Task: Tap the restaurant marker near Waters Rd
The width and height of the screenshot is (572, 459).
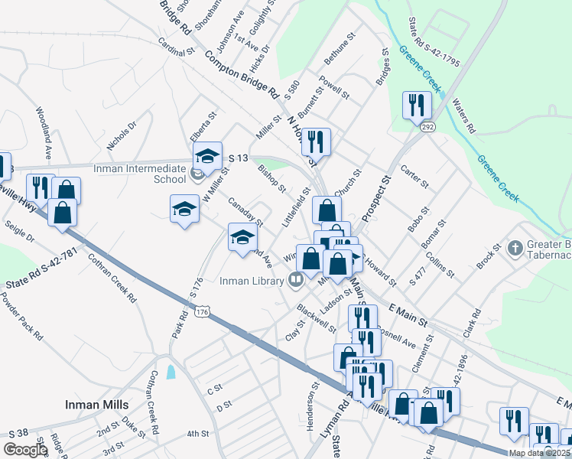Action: tap(417, 105)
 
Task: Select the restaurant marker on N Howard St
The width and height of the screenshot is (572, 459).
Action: tap(315, 142)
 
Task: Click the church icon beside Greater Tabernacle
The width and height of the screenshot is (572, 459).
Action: tap(515, 248)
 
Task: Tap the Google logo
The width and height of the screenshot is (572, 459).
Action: tap(25, 450)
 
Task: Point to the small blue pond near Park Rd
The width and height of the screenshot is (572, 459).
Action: tap(170, 373)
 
